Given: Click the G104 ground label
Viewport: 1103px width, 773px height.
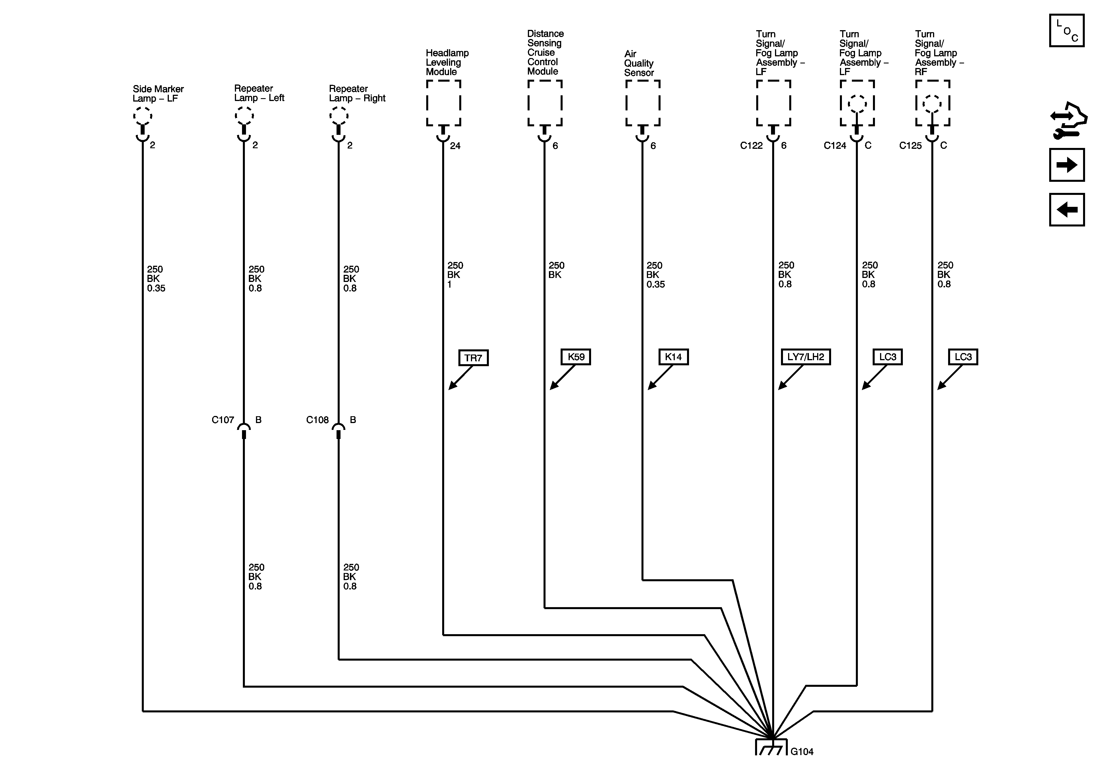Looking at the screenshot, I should tap(802, 752).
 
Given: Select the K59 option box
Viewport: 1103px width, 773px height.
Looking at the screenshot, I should tap(575, 357).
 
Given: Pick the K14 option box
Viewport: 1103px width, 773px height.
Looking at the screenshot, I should tap(673, 357).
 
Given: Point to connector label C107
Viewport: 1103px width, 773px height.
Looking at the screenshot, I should tap(222, 420).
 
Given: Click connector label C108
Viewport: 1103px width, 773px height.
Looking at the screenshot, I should tap(317, 420).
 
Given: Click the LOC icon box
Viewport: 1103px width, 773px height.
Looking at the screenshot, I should tap(1067, 31).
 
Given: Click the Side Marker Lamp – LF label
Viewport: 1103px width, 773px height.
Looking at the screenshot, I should tap(158, 94).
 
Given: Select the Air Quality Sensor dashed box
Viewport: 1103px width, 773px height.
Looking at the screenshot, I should tap(642, 103).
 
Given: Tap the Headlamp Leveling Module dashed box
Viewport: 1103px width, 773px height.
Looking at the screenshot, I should tap(443, 103).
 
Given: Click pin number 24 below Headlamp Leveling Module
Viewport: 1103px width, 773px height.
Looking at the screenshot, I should tap(455, 146).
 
